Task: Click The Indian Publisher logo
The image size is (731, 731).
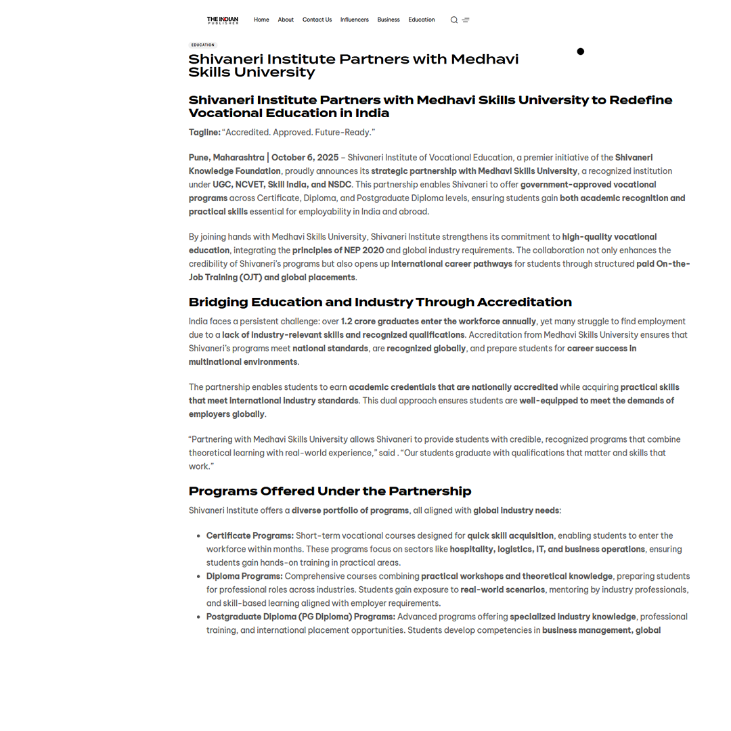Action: (222, 20)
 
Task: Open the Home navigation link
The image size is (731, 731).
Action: (261, 20)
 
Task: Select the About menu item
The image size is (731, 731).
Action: (286, 20)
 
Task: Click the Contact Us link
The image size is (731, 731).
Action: (317, 20)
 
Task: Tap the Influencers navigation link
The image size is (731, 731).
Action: (355, 20)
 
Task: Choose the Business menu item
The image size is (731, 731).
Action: (389, 20)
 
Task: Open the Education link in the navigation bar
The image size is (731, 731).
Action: (422, 20)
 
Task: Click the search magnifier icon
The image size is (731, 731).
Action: (454, 20)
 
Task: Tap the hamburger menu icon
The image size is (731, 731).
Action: (466, 20)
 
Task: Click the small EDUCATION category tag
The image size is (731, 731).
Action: (202, 45)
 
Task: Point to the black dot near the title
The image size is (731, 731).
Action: (580, 51)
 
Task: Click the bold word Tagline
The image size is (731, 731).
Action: (204, 132)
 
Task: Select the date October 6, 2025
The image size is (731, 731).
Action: (305, 158)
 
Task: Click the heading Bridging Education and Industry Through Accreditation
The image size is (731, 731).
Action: (380, 302)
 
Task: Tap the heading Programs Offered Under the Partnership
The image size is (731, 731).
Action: (330, 491)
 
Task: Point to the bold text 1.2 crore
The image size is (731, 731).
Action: (358, 322)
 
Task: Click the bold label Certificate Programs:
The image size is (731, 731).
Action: (250, 535)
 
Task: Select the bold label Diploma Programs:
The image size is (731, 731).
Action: (244, 576)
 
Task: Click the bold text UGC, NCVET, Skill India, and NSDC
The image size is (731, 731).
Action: (282, 185)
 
